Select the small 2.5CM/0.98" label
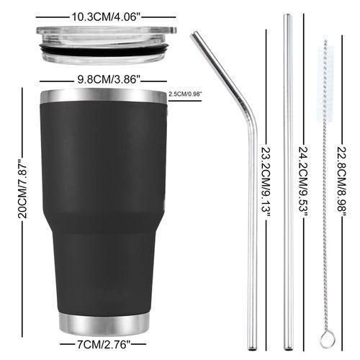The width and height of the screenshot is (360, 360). [184, 94]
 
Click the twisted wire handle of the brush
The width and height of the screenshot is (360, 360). [325, 216]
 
